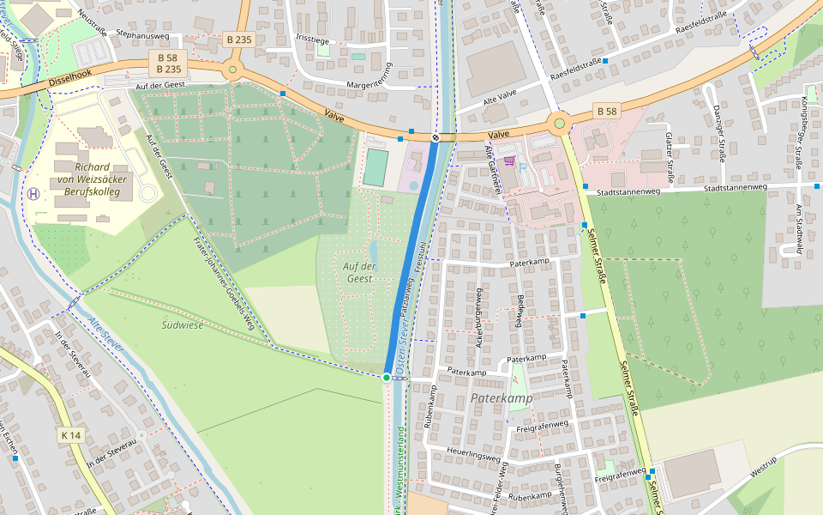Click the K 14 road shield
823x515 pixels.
coord(71,436)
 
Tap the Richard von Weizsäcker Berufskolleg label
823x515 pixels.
coord(92,179)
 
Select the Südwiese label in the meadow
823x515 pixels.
coord(183,324)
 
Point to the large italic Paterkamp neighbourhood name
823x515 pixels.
coord(502,398)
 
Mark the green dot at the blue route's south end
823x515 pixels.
coord(387,378)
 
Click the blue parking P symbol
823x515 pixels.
coord(520,167)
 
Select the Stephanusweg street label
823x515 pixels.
coord(142,35)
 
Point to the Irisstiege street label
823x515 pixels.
coord(311,39)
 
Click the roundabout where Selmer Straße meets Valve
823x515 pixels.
coord(559,124)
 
